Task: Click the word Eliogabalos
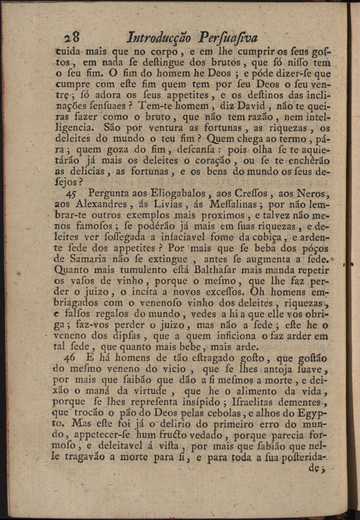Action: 161,194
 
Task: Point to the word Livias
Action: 159,204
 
